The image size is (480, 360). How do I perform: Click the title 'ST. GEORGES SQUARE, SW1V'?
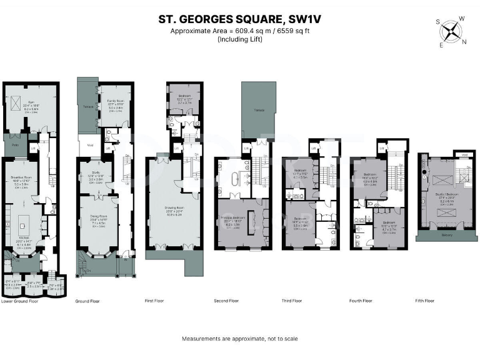point(239,19)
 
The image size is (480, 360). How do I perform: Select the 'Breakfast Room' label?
point(21,177)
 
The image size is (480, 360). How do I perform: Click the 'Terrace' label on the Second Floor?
point(259,110)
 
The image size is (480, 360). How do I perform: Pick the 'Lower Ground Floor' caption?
point(19,301)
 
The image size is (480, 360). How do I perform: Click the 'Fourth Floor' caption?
point(361,301)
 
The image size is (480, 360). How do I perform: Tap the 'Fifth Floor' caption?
point(424,301)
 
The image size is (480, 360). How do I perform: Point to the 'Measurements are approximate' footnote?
point(239,338)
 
